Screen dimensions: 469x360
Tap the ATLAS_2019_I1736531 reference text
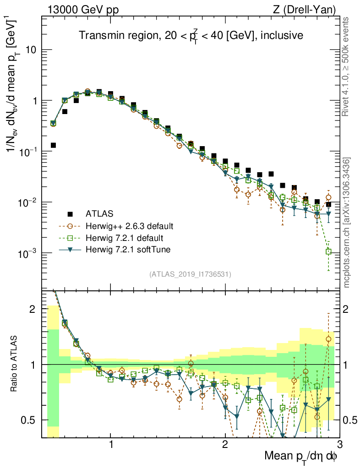pyautogui.click(x=190, y=274)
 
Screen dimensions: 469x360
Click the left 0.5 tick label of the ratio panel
pyautogui.click(x=31, y=420)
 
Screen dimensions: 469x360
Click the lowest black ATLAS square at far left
pyautogui.click(x=53, y=145)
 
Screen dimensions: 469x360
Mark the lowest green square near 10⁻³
pyautogui.click(x=328, y=251)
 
